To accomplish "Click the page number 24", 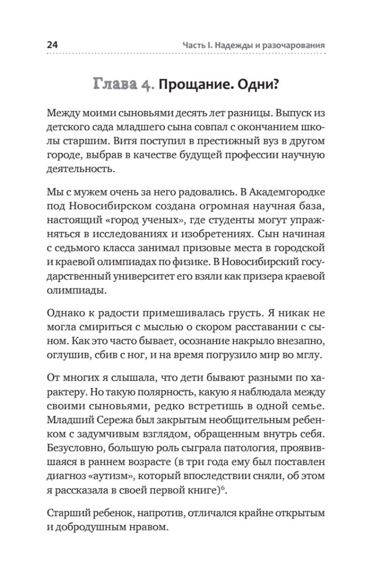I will (52, 45).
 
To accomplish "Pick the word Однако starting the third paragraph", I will (63, 314).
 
